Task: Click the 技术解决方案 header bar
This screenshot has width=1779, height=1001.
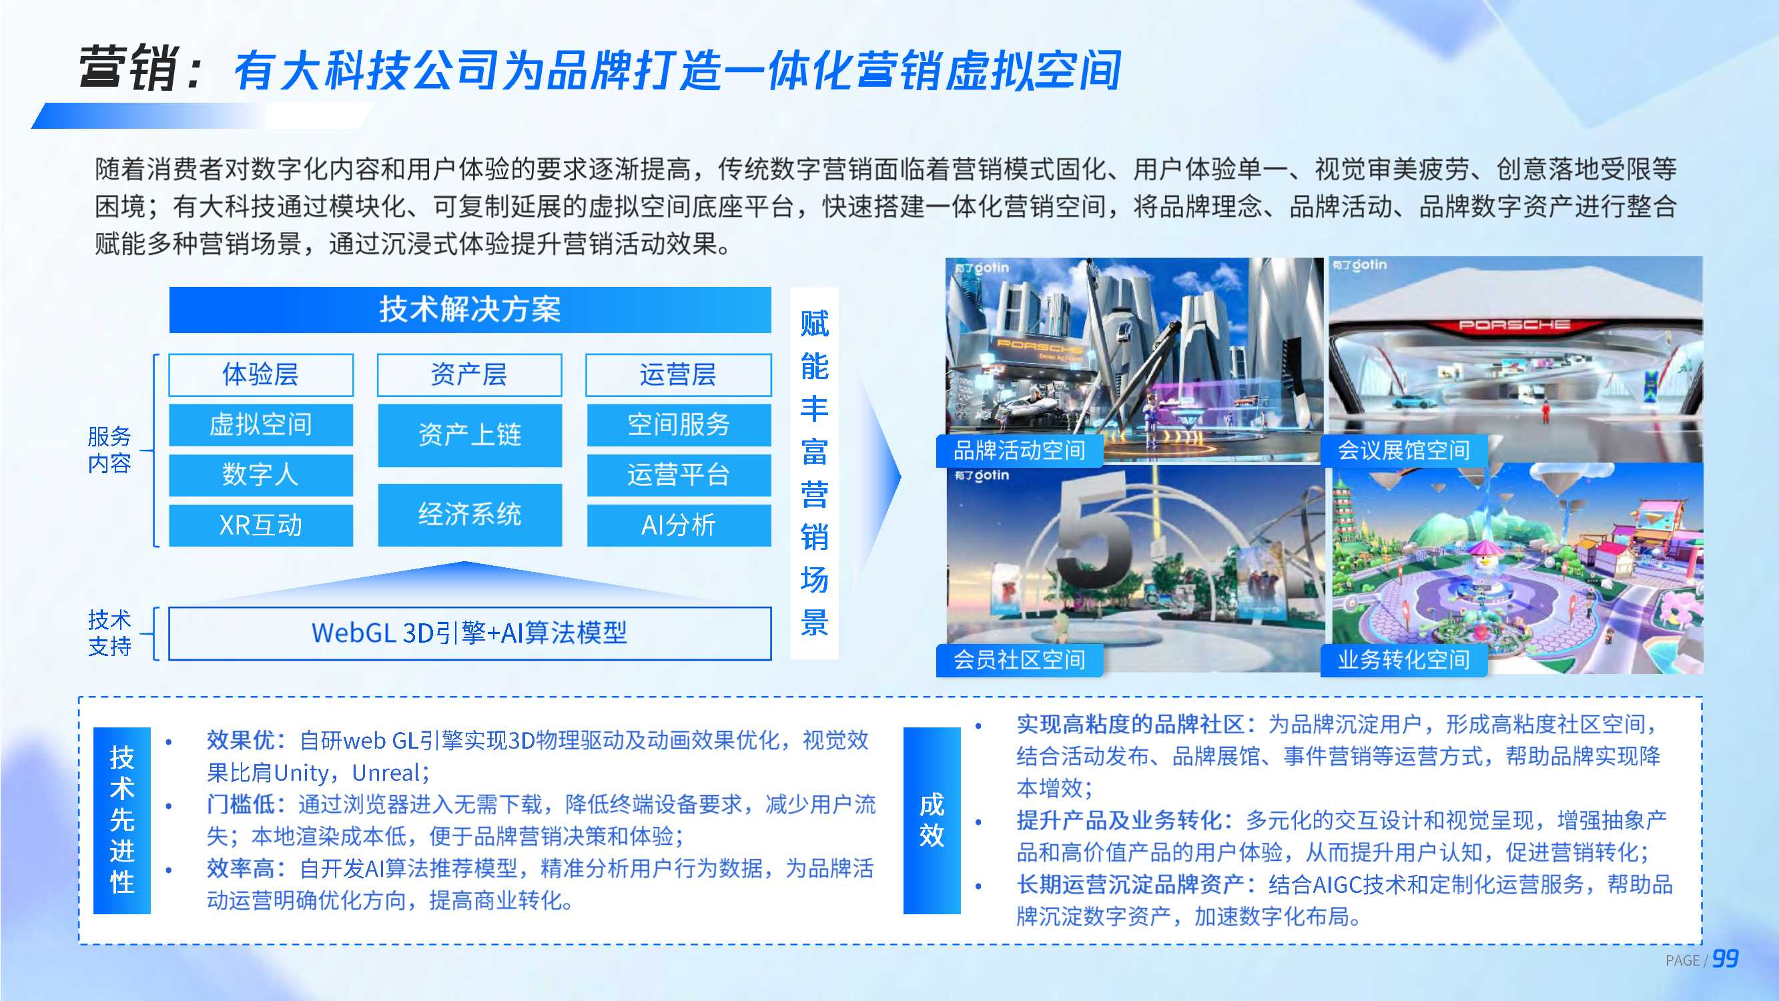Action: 470,310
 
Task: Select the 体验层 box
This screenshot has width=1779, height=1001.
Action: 260,374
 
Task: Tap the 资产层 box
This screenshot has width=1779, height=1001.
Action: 469,374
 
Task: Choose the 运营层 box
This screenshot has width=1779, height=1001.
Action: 677,374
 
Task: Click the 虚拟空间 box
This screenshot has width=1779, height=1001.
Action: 260,424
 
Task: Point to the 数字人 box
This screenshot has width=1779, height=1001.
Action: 260,474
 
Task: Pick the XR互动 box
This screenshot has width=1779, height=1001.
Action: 260,525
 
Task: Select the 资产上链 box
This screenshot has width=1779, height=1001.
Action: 470,434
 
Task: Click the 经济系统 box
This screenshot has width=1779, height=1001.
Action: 470,514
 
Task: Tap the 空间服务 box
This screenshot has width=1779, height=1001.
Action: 678,424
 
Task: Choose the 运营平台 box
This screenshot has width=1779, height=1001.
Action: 678,474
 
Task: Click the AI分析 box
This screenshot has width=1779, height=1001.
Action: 678,525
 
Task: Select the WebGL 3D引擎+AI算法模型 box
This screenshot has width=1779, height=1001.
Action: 470,633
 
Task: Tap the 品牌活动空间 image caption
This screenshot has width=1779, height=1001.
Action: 1019,450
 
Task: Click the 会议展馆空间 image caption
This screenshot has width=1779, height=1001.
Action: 1403,450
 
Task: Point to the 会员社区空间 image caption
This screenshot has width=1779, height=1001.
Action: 1019,660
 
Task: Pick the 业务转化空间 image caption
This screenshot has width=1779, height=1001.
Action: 1403,660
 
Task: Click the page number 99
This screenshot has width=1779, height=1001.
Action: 1725,959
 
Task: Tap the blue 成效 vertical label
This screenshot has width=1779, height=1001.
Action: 931,820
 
